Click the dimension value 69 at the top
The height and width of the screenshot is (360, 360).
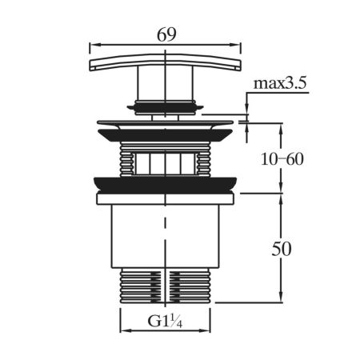167,34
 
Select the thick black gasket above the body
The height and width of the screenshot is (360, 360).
166,183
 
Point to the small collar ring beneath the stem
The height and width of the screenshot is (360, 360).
166,104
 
